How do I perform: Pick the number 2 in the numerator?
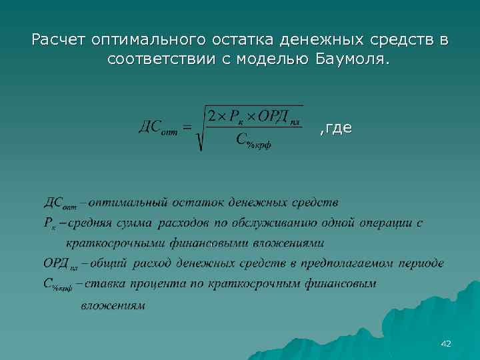(211, 116)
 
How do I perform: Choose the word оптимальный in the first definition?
(129, 201)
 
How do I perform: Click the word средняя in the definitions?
(93, 222)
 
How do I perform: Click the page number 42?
(446, 343)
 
